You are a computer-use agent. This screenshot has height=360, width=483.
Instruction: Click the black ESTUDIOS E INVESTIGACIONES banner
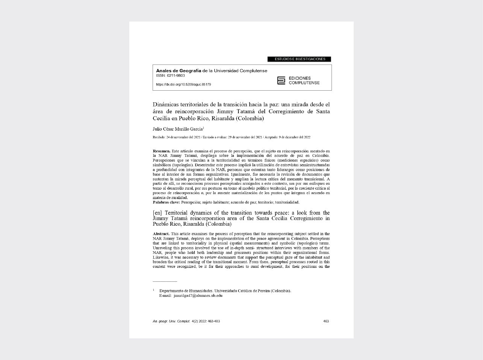pos(299,59)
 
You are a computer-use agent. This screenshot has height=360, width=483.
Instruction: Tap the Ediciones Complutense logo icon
pos(281,81)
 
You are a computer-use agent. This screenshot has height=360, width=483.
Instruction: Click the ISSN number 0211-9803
pos(176,76)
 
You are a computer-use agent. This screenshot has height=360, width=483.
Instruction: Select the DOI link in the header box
pos(183,85)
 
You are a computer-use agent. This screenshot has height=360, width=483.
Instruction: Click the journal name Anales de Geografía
pos(179,71)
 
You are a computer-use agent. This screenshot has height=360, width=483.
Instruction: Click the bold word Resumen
pos(161,151)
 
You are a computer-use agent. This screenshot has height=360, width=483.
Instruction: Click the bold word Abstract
pos(161,234)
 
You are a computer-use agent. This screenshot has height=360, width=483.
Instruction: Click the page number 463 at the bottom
pos(326,321)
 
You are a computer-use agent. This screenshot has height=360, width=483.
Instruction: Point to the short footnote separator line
pos(165,281)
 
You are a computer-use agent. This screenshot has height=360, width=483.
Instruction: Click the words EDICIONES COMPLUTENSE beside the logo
pos(304,81)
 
